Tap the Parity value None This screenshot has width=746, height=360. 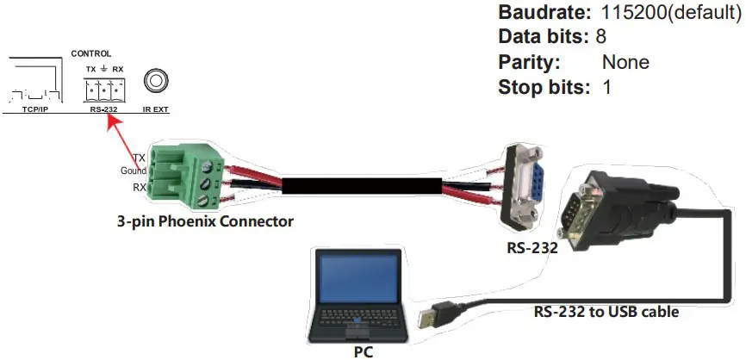(625, 62)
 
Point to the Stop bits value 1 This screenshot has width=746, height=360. (606, 87)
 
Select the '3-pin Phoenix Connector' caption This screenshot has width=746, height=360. (205, 221)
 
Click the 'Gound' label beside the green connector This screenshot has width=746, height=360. (133, 171)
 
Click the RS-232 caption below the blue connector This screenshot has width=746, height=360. (532, 248)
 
